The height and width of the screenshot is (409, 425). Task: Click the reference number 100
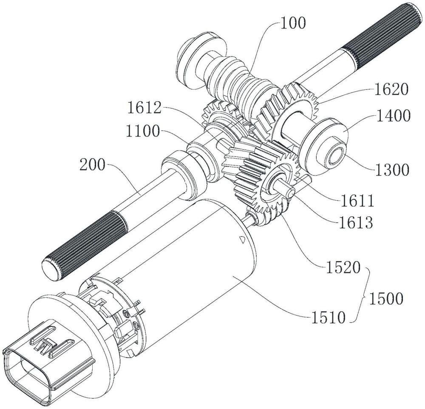(x=293, y=23)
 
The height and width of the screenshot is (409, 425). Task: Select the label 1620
(x=391, y=89)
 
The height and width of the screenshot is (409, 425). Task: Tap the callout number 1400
(x=393, y=116)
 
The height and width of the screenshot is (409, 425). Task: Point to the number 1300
(x=392, y=170)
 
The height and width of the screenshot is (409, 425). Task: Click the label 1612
(x=144, y=108)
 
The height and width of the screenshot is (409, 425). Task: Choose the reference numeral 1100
(x=142, y=132)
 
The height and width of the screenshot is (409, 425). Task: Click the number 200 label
(x=92, y=165)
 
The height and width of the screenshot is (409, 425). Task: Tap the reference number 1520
(x=343, y=268)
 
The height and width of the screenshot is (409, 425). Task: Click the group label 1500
(x=386, y=298)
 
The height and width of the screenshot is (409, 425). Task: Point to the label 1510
(x=328, y=317)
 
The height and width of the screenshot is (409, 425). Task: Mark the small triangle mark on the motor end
(x=241, y=239)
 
